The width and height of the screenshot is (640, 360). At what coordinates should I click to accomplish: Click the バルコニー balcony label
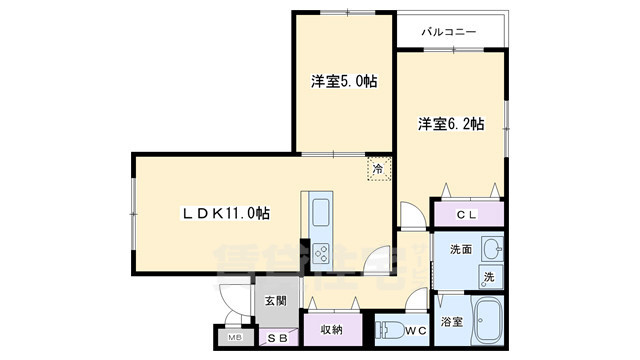pyautogui.click(x=448, y=33)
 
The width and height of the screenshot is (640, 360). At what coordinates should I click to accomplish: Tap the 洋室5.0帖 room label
pyautogui.click(x=341, y=82)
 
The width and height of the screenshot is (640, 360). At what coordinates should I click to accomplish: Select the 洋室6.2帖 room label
pyautogui.click(x=451, y=125)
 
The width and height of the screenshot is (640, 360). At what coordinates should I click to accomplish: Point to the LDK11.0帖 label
pyautogui.click(x=226, y=212)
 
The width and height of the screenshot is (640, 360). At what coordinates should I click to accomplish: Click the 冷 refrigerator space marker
pyautogui.click(x=378, y=170)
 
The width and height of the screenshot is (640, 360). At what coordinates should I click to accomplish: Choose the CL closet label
pyautogui.click(x=466, y=214)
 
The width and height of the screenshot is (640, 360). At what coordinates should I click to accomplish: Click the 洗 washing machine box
pyautogui.click(x=488, y=276)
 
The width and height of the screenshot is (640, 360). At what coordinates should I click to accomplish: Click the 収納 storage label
pyautogui.click(x=332, y=328)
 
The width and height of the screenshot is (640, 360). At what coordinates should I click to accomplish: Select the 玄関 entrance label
pyautogui.click(x=276, y=300)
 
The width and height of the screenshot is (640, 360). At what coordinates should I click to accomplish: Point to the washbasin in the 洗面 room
pyautogui.click(x=489, y=248)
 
